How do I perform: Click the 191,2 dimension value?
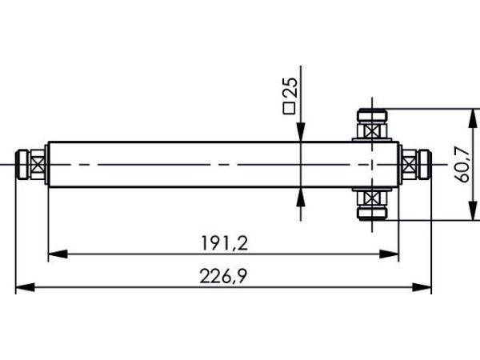[224, 243]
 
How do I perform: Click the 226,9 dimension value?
[223, 277]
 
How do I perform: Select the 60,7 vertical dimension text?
[462, 164]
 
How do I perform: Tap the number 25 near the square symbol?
[290, 87]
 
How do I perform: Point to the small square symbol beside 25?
[290, 109]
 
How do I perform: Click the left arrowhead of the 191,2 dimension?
[58, 254]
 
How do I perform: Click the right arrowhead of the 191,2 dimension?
[389, 254]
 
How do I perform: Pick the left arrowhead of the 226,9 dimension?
[25, 287]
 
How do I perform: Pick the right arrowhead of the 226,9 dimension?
[422, 287]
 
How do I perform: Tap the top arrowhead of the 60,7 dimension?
[474, 118]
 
